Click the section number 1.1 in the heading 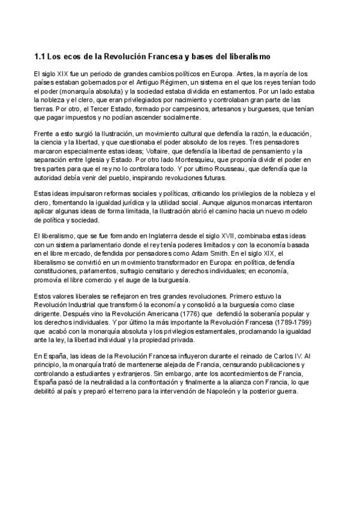40,56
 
